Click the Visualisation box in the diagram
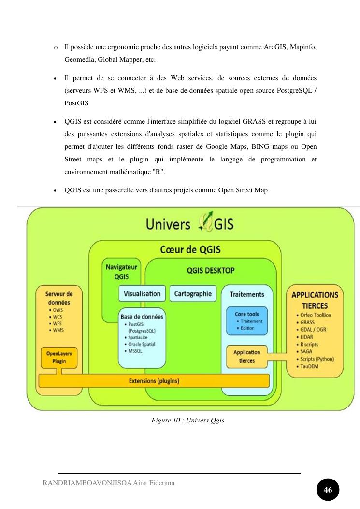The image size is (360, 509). [142, 293]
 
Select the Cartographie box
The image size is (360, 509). [193, 293]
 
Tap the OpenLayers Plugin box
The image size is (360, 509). [56, 357]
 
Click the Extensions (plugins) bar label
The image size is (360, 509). [154, 381]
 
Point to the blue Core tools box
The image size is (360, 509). [247, 321]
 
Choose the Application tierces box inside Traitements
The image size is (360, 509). [247, 356]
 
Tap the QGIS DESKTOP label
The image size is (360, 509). [211, 271]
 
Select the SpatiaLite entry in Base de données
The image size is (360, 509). [139, 338]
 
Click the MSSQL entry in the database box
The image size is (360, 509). [136, 351]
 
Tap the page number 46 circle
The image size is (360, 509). [328, 490]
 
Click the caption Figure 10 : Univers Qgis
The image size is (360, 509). [188, 421]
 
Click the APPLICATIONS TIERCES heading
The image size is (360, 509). [315, 300]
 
